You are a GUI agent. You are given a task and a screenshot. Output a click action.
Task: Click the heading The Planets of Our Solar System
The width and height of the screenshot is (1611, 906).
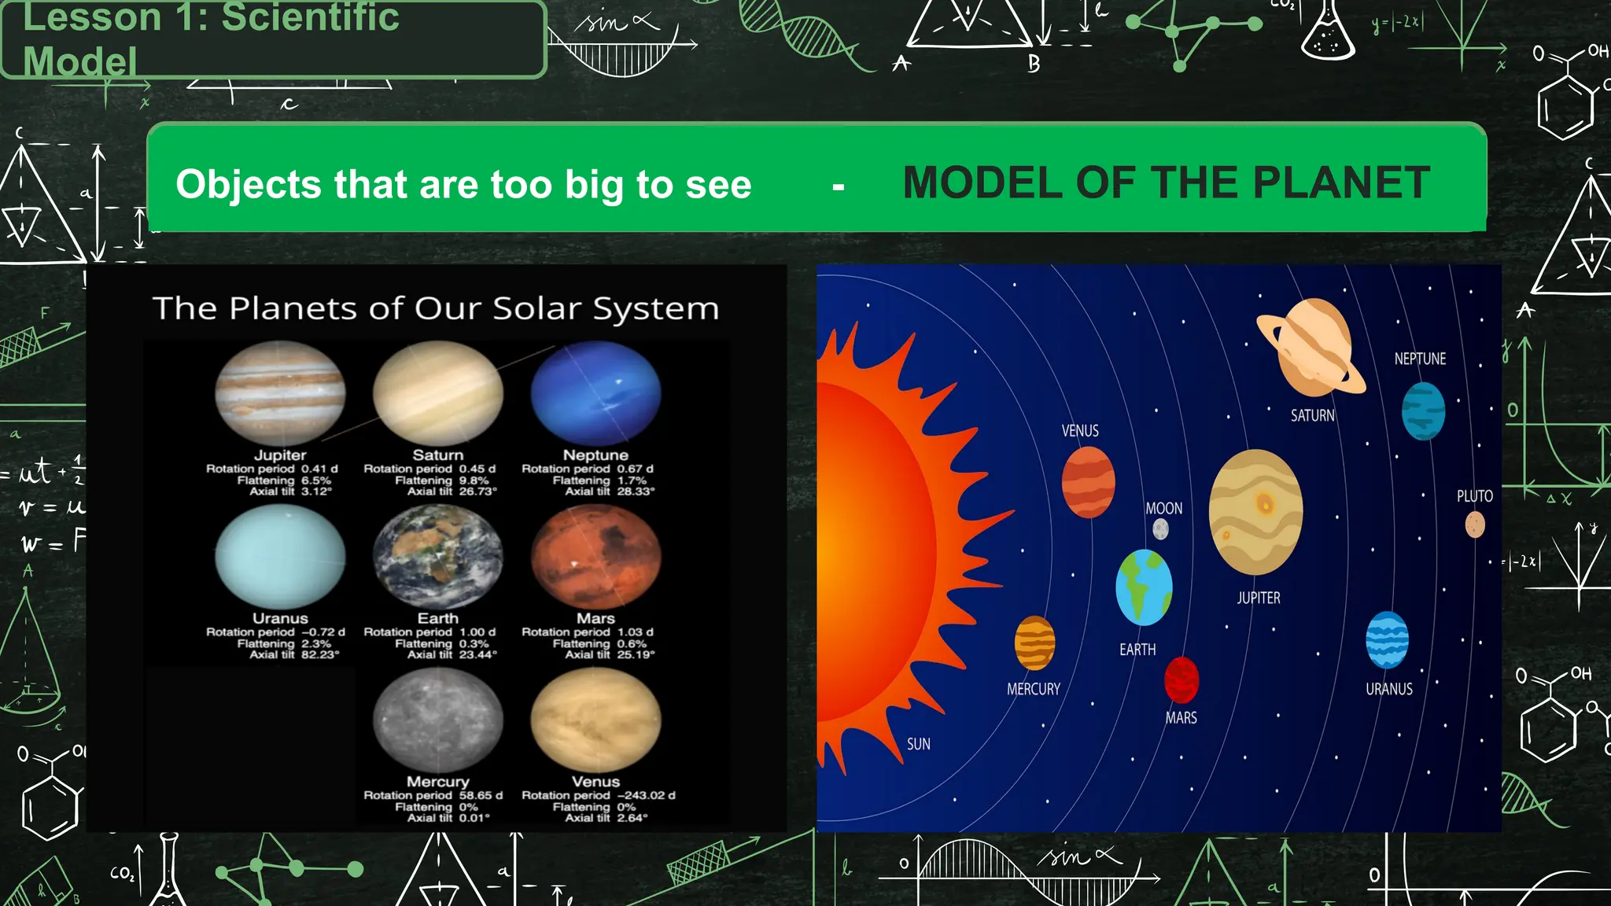[435, 308]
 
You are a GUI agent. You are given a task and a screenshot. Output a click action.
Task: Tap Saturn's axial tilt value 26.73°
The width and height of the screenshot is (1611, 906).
[477, 492]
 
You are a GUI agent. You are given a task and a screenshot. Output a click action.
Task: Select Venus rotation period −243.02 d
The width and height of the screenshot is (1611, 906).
[646, 795]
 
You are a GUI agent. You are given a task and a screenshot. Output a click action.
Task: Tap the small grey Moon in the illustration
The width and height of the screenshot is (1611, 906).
[1160, 529]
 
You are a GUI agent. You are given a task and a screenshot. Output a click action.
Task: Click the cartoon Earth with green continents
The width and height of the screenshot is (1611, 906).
[1144, 587]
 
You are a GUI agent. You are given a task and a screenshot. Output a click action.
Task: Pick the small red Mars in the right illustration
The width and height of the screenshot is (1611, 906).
[1182, 679]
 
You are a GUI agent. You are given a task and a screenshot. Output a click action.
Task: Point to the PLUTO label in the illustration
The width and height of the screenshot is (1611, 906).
[1474, 496]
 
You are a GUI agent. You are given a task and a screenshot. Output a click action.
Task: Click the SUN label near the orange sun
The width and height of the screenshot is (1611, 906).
[918, 744]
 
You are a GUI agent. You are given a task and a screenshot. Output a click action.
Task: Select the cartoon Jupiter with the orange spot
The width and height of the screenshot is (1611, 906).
[1255, 512]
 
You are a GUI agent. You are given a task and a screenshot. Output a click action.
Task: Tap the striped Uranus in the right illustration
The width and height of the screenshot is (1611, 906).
[1387, 640]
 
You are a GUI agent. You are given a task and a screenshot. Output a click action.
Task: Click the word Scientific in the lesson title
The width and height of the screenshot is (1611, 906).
[310, 17]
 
